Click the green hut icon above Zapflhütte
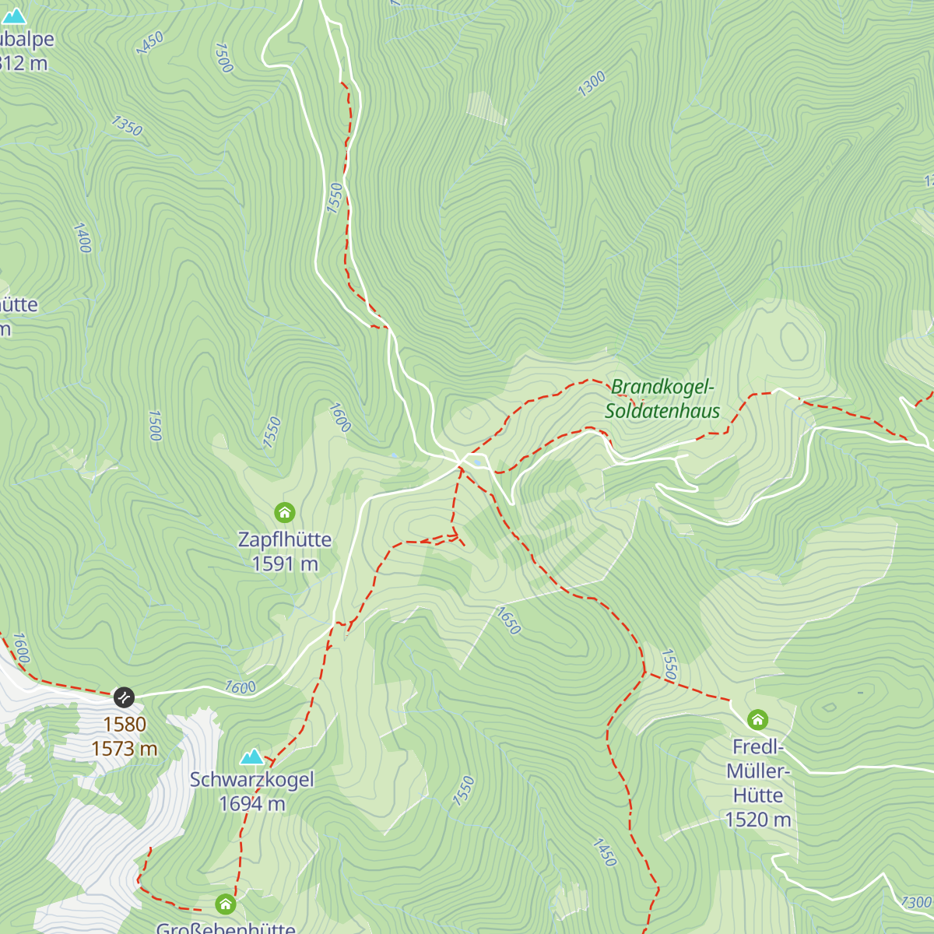coord(285,512)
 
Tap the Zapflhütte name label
coord(285,539)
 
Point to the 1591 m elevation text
coord(285,564)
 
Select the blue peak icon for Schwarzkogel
coord(251,757)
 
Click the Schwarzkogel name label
coord(252,780)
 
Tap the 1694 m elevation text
coord(252,804)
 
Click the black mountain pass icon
coord(124,697)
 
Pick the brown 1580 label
coord(125,725)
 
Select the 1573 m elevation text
coord(125,749)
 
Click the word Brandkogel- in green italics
coord(662,387)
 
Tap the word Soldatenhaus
coord(662,411)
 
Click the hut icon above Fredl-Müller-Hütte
coord(757,719)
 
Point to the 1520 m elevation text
coord(758,820)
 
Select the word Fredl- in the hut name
coord(758,747)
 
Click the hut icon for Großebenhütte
coord(226,904)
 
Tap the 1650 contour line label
coord(508,620)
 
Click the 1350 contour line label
coord(127,125)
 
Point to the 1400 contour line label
coord(83,237)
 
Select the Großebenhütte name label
coord(226,928)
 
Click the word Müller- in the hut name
coord(758,771)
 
